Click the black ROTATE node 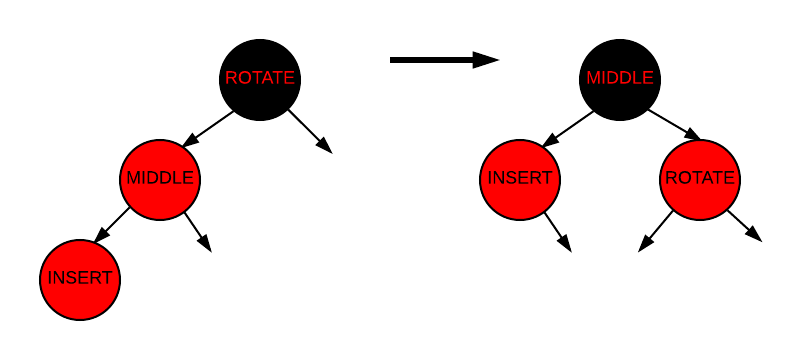[260, 78]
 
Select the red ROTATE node [700, 179]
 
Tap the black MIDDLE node [620, 78]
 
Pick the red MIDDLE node [160, 179]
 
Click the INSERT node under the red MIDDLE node [80, 279]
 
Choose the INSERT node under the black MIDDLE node [520, 179]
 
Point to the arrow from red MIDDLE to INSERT [112, 225]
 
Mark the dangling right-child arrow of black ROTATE [310, 131]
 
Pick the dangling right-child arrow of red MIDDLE [197, 231]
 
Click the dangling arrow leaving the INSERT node [557, 231]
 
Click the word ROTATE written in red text [260, 78]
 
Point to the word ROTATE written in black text [700, 179]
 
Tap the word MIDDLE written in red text [620, 78]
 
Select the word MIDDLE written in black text [160, 179]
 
